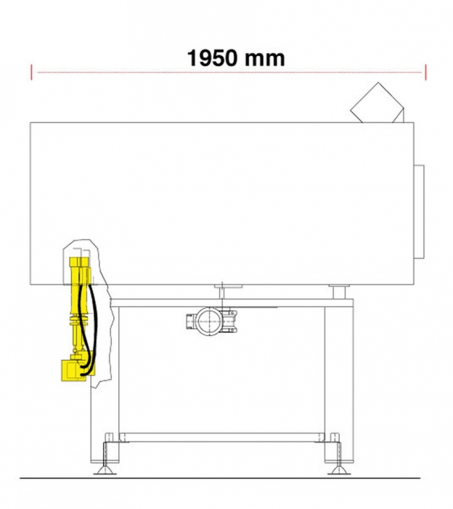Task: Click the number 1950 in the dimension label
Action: (212, 58)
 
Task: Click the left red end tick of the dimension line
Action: (31, 72)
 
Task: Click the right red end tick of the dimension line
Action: (425, 72)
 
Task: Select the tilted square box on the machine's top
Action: (377, 103)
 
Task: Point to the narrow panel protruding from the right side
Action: (419, 212)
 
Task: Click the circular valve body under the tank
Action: (210, 321)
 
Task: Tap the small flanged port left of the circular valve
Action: (191, 321)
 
